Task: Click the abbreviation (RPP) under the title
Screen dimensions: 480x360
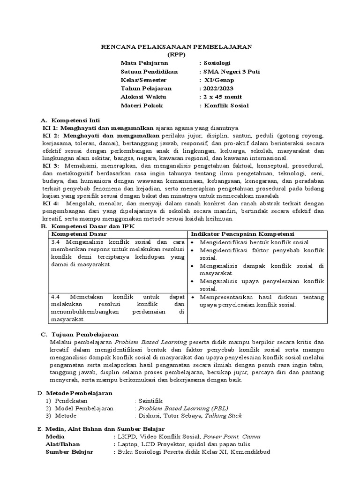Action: (177, 54)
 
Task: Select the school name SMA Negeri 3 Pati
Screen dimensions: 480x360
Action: (230, 71)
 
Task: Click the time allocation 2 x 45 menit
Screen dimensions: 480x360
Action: (222, 97)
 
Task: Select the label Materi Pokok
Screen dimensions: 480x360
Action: (142, 105)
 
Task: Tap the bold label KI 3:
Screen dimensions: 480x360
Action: (51, 165)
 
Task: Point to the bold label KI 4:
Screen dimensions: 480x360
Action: (51, 204)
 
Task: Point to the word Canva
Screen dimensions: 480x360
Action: (251, 436)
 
